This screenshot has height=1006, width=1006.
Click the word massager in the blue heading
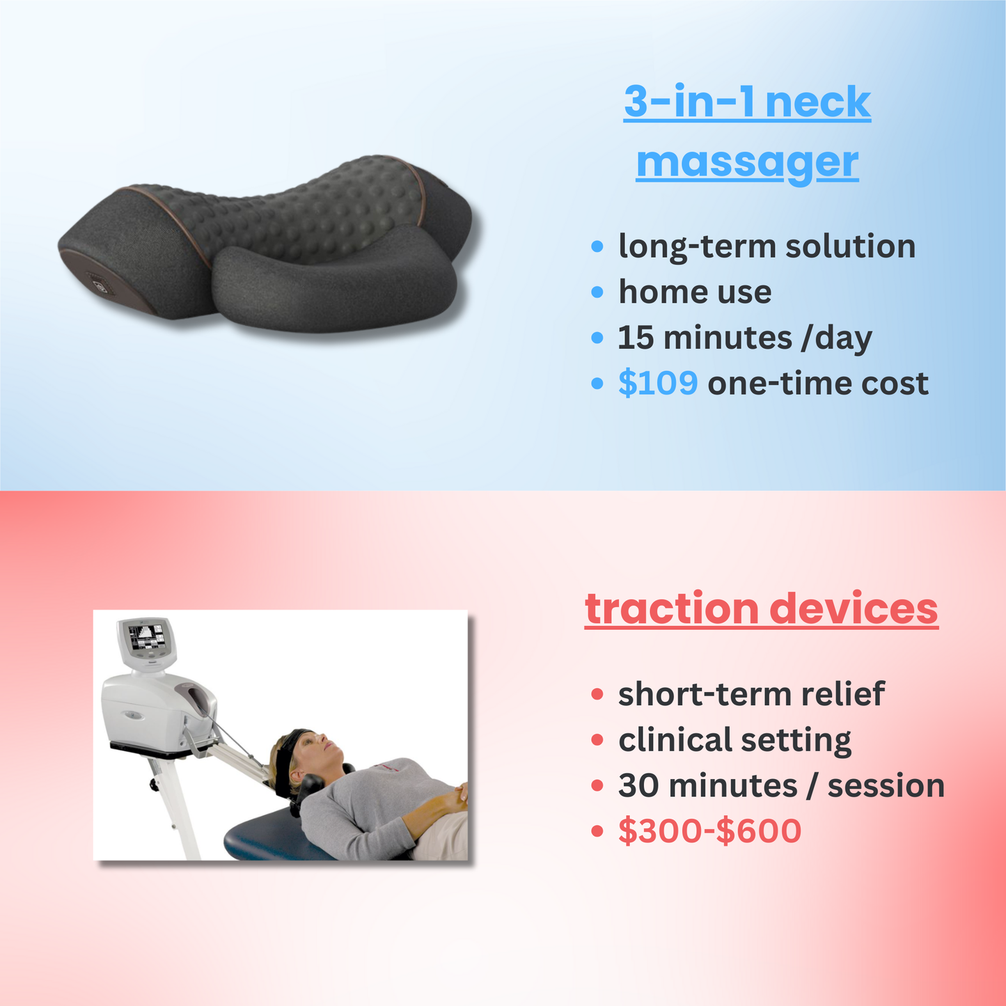pos(747,163)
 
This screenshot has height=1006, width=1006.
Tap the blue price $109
pos(658,383)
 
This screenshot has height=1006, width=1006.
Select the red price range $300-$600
pos(709,831)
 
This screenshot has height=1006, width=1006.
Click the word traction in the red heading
pos(671,608)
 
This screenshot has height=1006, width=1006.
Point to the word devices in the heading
pos(854,608)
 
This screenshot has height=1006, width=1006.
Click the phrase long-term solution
pos(767,246)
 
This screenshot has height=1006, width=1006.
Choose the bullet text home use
pos(695,292)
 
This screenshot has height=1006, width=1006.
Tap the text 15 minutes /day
pos(744,338)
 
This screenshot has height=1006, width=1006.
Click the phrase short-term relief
pos(751,694)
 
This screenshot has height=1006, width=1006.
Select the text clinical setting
pos(734,740)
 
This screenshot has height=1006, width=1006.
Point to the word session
pos(886,785)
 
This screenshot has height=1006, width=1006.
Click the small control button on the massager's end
pos(97,285)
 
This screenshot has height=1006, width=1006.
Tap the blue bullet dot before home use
pos(597,292)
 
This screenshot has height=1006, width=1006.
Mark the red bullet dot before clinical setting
pos(597,740)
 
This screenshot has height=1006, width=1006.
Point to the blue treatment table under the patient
pos(278,839)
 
